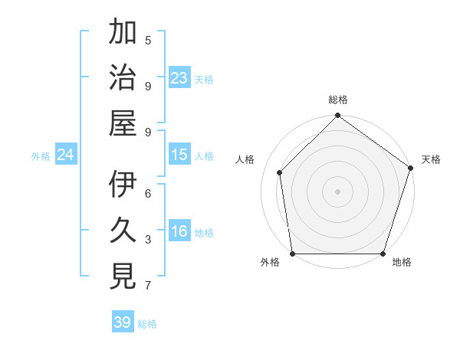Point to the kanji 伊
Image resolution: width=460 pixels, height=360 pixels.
click(123, 185)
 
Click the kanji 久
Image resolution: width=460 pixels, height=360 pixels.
click(123, 231)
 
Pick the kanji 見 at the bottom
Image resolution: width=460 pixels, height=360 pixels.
click(123, 276)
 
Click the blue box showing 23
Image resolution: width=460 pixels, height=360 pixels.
click(179, 77)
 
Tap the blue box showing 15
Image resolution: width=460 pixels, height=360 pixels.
click(179, 155)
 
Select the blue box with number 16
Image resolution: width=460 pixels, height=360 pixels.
click(179, 231)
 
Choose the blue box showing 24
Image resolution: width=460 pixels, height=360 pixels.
click(66, 155)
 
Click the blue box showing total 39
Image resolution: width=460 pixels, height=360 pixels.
click(123, 322)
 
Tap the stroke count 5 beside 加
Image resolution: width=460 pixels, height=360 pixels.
click(148, 40)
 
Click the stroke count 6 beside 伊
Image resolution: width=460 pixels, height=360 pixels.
click(148, 194)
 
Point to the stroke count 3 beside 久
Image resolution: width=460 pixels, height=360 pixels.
click(148, 240)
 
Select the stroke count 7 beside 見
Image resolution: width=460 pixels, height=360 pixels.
click(148, 286)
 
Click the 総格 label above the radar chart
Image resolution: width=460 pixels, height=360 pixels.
click(337, 100)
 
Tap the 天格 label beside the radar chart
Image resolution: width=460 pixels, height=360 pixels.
click(431, 159)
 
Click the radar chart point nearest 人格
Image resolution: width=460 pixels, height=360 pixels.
click(280, 172)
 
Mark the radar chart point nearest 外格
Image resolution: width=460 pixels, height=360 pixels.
click(292, 254)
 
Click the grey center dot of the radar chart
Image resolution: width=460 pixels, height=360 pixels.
click(337, 191)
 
